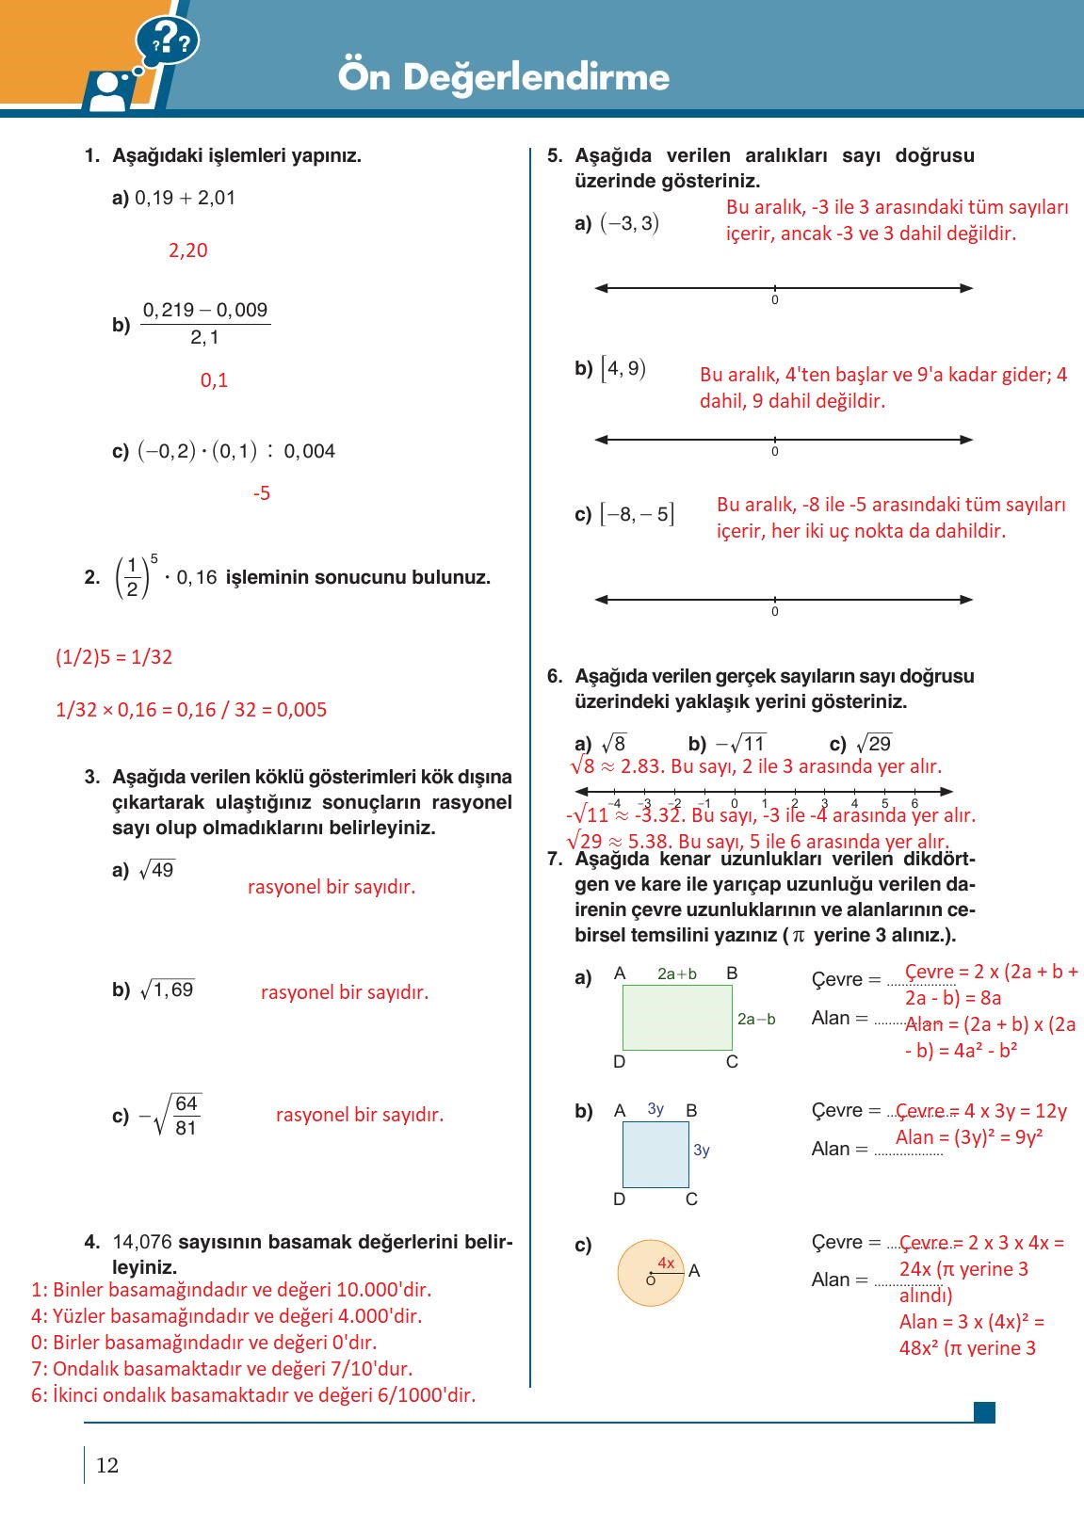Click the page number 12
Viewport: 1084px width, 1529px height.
(x=107, y=1465)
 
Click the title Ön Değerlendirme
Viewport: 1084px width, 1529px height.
(x=504, y=76)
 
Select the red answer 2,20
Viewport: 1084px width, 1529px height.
(x=187, y=250)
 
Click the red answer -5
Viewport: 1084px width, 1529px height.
(x=262, y=493)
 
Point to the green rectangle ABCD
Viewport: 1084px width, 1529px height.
(x=676, y=1017)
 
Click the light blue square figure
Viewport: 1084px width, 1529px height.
(x=655, y=1154)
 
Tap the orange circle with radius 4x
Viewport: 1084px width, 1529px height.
(x=650, y=1273)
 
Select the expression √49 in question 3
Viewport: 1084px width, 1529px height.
(x=156, y=870)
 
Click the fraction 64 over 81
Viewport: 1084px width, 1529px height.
(x=186, y=1115)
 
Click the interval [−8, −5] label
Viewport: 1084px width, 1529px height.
(x=637, y=514)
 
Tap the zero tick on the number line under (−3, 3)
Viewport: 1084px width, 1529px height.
(x=775, y=289)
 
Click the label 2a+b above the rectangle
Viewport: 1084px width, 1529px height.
(x=676, y=974)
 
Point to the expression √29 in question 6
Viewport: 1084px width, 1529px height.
(x=873, y=743)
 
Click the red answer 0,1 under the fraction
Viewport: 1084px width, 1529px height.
(x=214, y=380)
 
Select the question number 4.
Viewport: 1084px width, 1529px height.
(x=91, y=1242)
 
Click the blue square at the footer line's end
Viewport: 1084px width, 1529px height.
(x=984, y=1411)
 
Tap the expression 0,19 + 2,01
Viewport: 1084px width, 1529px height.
(x=186, y=198)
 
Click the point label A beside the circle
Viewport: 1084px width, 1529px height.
(x=694, y=1270)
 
